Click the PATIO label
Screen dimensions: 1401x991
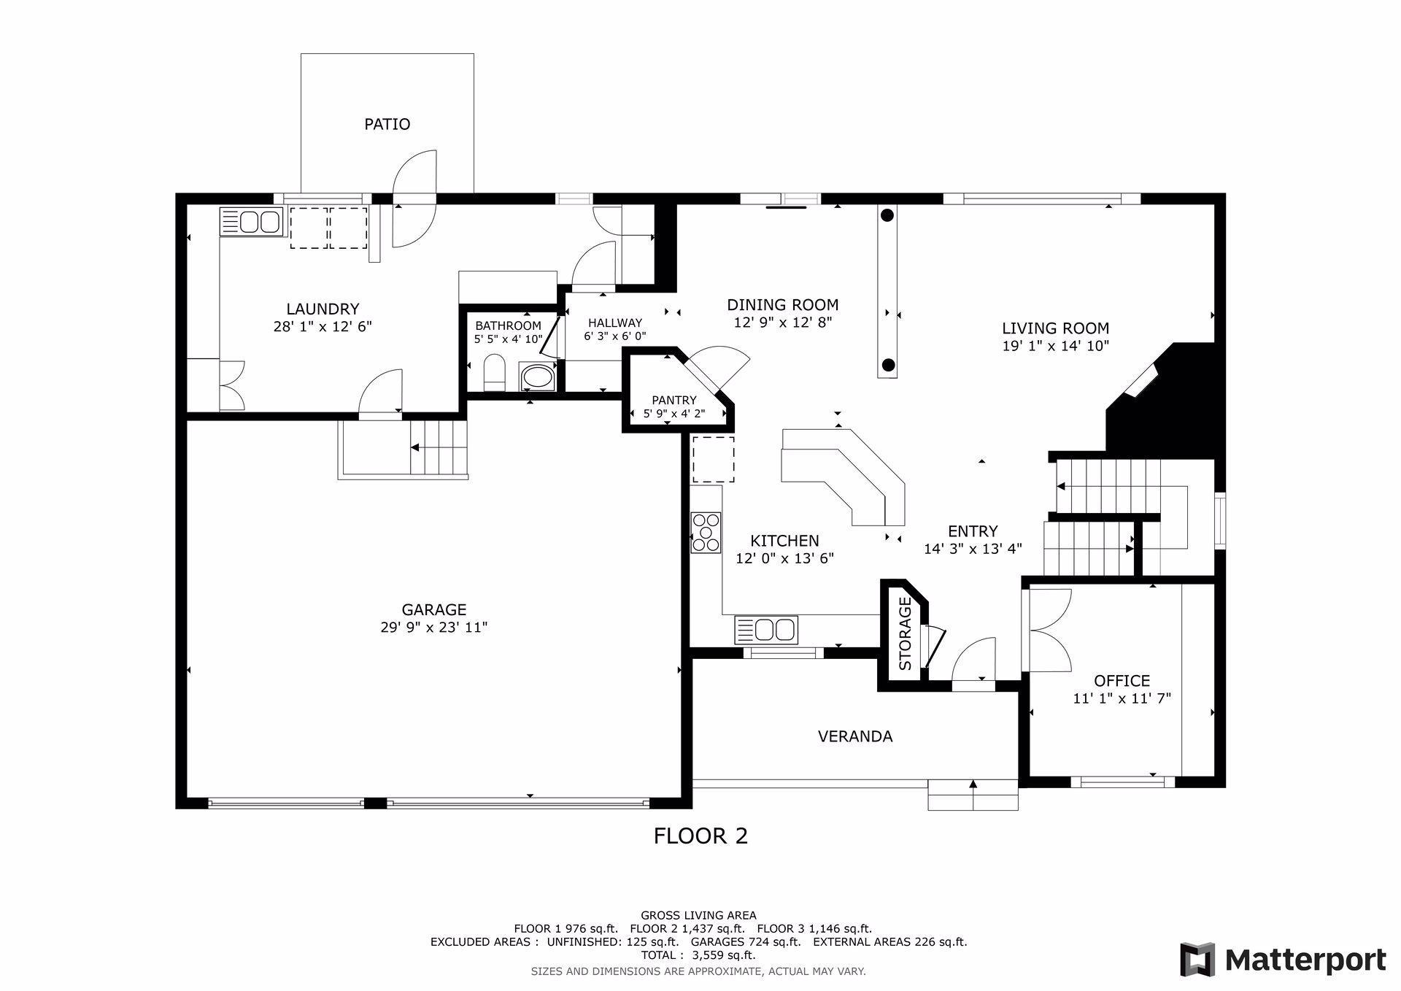coord(387,124)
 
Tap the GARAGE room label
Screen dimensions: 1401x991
coord(434,609)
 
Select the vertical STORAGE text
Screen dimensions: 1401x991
coord(906,634)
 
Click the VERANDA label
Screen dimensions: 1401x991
coord(855,736)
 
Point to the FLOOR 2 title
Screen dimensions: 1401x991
coord(700,836)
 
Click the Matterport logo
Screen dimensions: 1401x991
coord(1284,959)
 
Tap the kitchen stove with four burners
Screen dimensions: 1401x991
coord(706,532)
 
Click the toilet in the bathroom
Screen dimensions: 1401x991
coord(495,373)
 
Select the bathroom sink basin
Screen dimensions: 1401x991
coord(538,377)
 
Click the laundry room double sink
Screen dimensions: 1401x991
coord(251,221)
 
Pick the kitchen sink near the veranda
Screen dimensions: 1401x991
coord(766,629)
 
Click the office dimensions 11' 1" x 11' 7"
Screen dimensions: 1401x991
coord(1122,698)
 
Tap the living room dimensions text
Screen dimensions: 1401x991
coord(1055,346)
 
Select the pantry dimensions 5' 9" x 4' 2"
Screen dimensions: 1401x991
coord(674,414)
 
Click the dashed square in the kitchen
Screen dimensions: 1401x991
coord(713,459)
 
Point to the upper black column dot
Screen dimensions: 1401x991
coord(887,215)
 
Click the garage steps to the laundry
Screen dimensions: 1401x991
coord(438,447)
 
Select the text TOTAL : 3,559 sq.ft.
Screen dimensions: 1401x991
coord(698,955)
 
